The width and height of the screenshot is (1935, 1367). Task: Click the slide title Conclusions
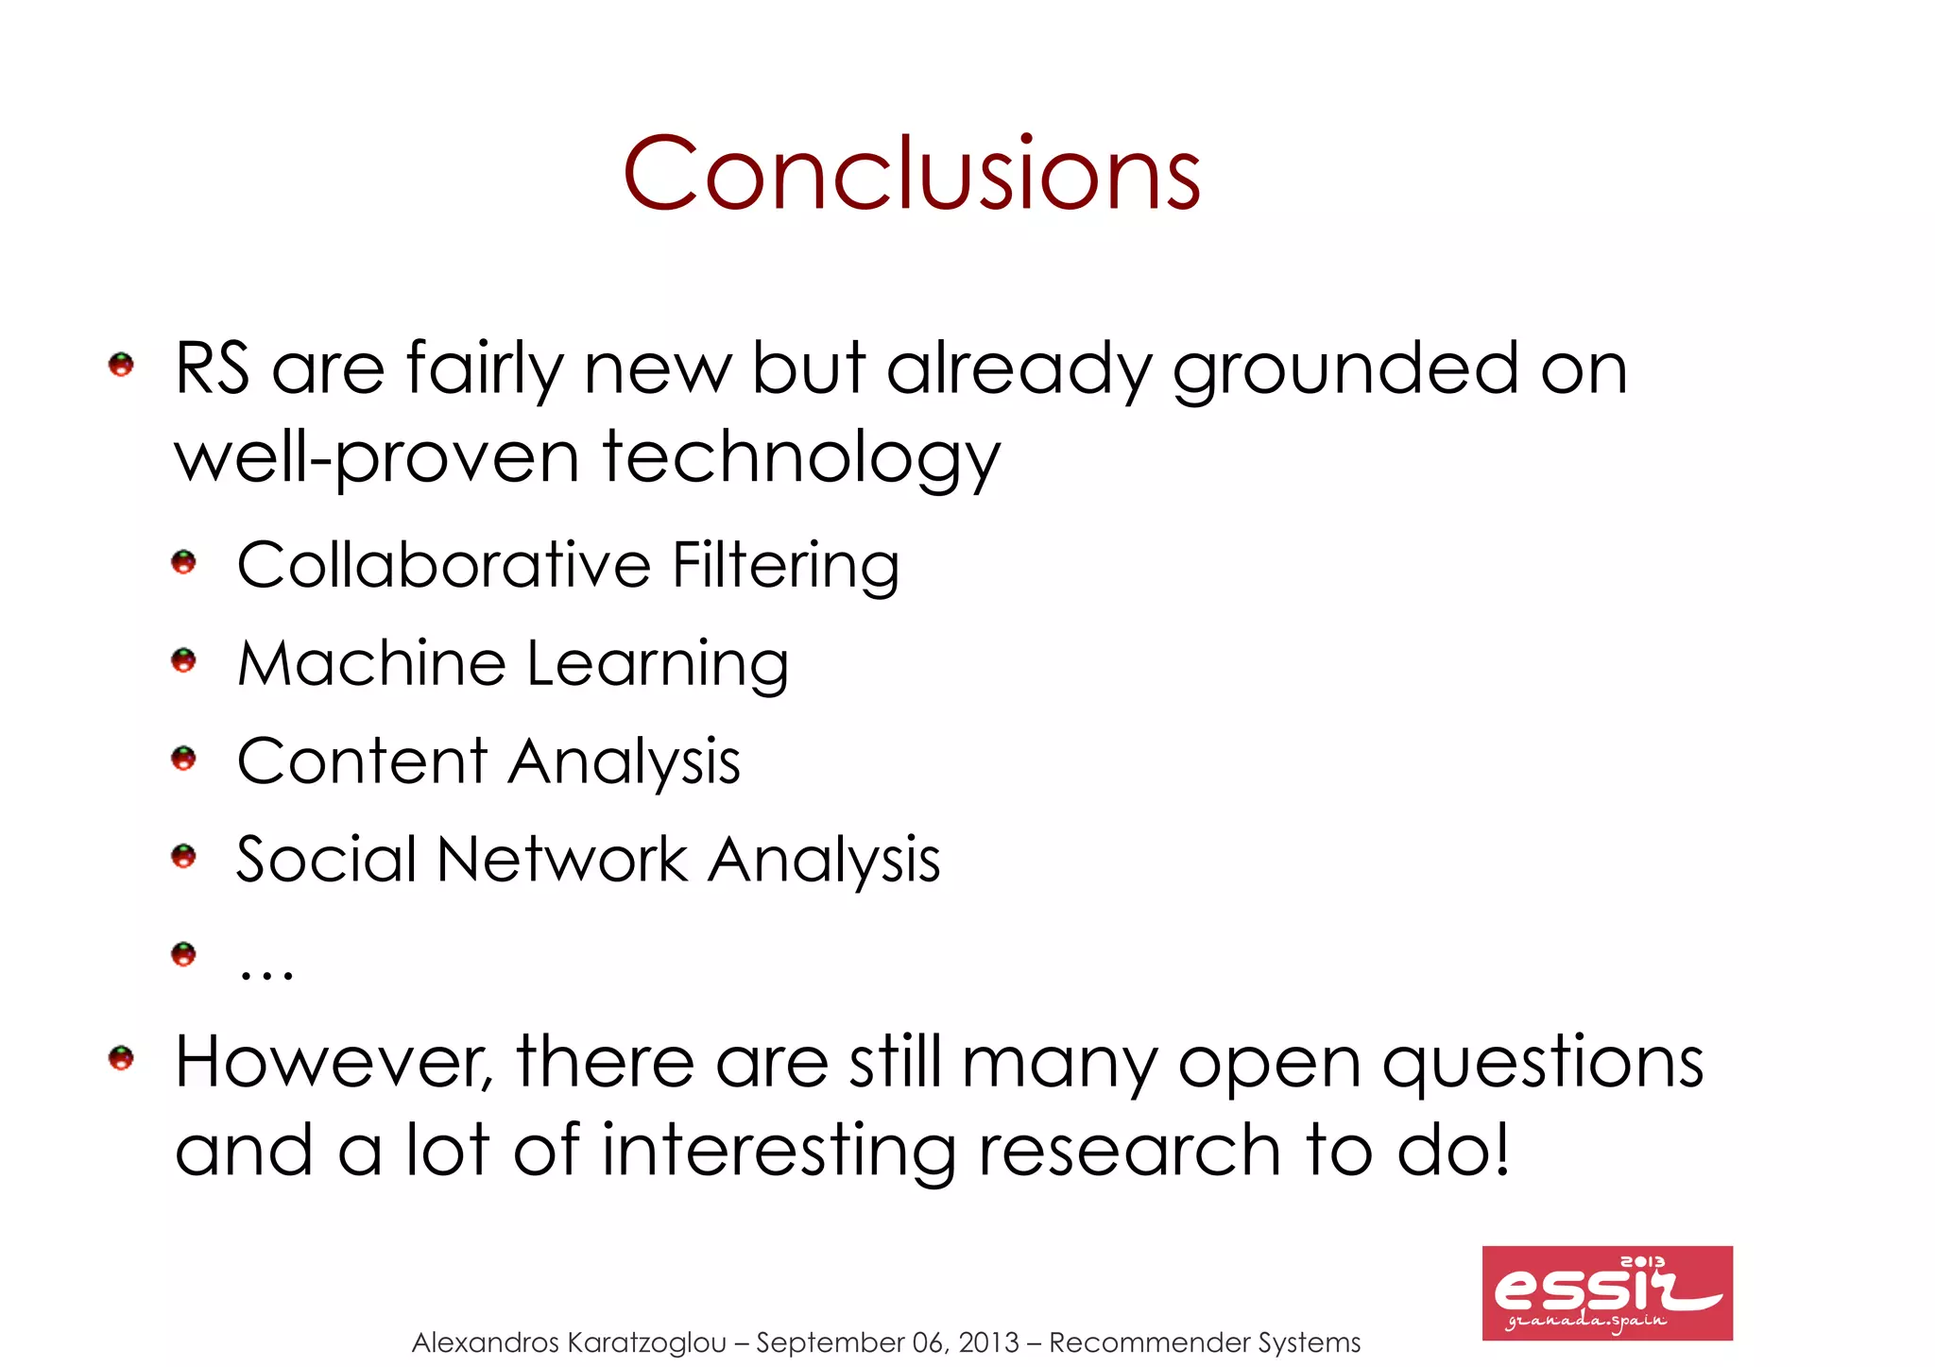pyautogui.click(x=911, y=174)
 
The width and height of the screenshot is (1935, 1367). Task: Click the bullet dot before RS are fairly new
pyautogui.click(x=121, y=365)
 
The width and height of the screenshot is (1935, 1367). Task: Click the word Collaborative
pyautogui.click(x=444, y=565)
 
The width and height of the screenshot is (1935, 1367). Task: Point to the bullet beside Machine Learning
pyautogui.click(x=183, y=660)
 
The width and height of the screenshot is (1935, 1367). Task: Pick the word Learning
pyautogui.click(x=657, y=665)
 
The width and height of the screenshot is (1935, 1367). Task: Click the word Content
pyautogui.click(x=362, y=760)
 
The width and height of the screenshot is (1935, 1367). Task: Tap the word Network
pyautogui.click(x=562, y=860)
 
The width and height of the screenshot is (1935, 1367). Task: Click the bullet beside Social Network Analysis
pyautogui.click(x=183, y=857)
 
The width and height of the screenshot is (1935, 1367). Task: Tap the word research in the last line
pyautogui.click(x=1129, y=1151)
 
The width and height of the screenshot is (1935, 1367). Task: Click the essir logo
pyautogui.click(x=1606, y=1292)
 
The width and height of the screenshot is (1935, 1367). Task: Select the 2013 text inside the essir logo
pyautogui.click(x=1642, y=1262)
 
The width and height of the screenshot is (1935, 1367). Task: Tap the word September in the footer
pyautogui.click(x=830, y=1342)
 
